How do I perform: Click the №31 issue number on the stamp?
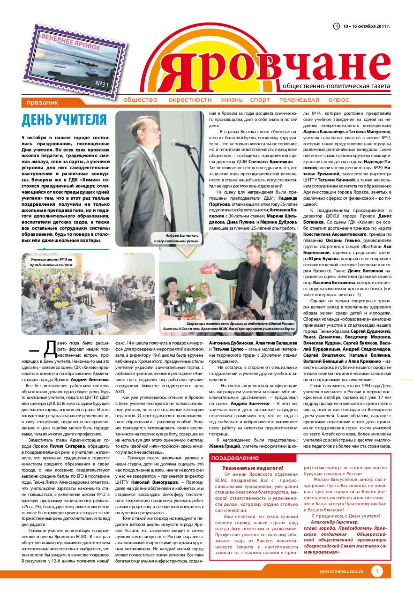[x=102, y=84]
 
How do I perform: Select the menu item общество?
[x=140, y=100]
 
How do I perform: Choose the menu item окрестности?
[x=190, y=100]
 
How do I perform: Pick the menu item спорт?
[x=260, y=100]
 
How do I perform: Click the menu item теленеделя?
[x=298, y=100]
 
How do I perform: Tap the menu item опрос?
[x=338, y=100]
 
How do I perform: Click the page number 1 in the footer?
[x=377, y=571]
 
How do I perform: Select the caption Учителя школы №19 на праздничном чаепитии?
[x=52, y=262]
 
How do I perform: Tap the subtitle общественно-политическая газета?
[x=336, y=87]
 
